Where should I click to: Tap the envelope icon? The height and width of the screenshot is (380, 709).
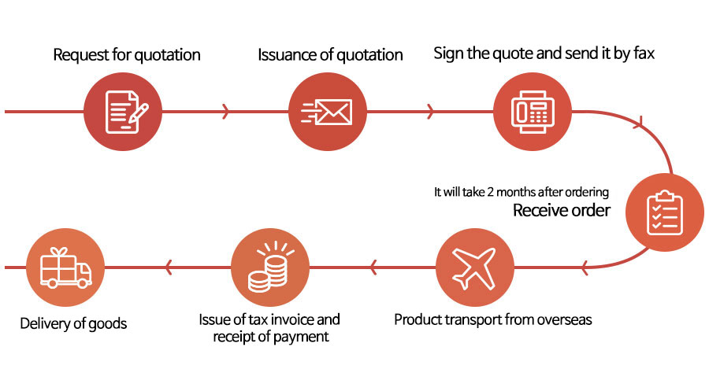(x=326, y=112)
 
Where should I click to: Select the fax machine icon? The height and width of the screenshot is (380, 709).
(x=533, y=112)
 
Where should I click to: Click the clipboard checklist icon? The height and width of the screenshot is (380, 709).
(x=665, y=213)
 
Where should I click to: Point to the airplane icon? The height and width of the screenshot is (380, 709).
(x=475, y=267)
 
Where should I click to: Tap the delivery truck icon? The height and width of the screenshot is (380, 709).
(x=65, y=267)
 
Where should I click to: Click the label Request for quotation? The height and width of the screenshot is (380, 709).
(x=127, y=55)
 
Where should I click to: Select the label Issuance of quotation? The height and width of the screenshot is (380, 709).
(x=330, y=55)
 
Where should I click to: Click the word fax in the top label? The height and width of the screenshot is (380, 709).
(x=644, y=53)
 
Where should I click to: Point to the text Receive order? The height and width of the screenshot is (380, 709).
(x=561, y=210)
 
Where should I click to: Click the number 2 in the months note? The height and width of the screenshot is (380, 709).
(x=490, y=192)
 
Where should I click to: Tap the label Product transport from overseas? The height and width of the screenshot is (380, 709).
(x=493, y=319)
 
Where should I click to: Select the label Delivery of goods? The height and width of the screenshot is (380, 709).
(x=73, y=323)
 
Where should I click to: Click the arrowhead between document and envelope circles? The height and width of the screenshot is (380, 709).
(x=225, y=112)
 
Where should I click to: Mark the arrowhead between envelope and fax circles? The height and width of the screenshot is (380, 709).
(x=429, y=112)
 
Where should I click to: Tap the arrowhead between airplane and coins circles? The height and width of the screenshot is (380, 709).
(x=373, y=267)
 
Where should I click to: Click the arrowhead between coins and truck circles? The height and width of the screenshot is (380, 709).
(x=169, y=267)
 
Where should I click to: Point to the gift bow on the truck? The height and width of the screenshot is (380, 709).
(x=58, y=251)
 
